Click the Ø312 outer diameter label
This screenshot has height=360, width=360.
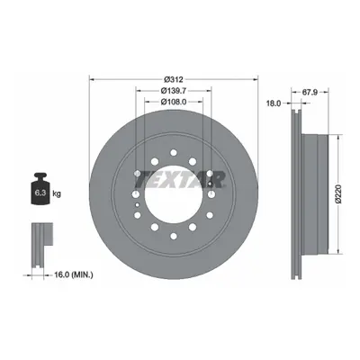tap(174, 79)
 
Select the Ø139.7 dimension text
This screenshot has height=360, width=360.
tap(174, 90)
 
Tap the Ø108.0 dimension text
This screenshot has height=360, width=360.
tap(174, 102)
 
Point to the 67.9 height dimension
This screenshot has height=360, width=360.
tap(310, 92)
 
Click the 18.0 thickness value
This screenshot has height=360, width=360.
tap(274, 103)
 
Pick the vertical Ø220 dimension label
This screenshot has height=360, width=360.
tap(338, 194)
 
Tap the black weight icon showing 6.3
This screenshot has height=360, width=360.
tap(40, 189)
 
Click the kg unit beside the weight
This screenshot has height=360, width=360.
tap(57, 193)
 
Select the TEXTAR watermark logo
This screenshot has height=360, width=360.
tap(179, 179)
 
